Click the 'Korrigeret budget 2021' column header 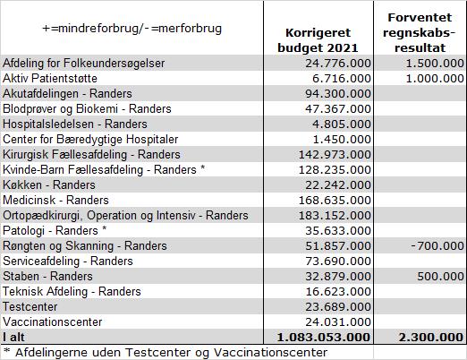click(x=318, y=40)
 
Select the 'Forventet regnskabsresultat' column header click(x=420, y=32)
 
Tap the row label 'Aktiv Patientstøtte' click(x=50, y=79)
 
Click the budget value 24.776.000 click(x=338, y=64)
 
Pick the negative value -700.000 click(x=437, y=246)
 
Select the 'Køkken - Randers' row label click(x=49, y=185)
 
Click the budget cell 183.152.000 click(x=335, y=216)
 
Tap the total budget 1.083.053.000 click(x=324, y=338)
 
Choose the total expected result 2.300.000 click(x=431, y=338)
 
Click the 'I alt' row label click(x=13, y=338)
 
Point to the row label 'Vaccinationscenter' click(x=53, y=322)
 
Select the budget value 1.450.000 click(x=342, y=140)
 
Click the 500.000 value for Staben click(x=440, y=277)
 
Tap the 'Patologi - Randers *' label click(x=55, y=231)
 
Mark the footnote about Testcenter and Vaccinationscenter click(x=166, y=353)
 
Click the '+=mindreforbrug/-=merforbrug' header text click(x=132, y=29)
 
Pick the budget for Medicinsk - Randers click(x=335, y=201)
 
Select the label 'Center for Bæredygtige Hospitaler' click(x=90, y=140)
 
